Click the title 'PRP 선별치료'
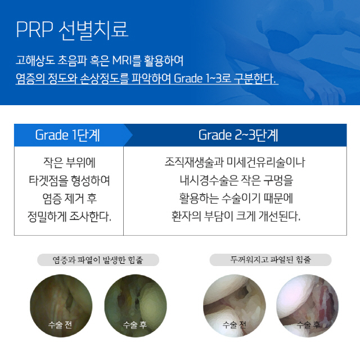[72, 30]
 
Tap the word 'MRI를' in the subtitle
[126, 61]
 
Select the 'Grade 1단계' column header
[67, 135]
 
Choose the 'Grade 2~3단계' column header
[238, 135]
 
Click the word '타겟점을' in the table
[48, 181]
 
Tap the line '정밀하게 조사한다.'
[69, 217]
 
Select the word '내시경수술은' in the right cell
[209, 181]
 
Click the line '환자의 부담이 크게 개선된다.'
[236, 217]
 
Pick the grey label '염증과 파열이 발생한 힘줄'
[98, 260]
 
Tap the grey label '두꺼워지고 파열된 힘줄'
[271, 260]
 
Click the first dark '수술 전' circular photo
[61, 306]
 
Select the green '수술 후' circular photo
[136, 306]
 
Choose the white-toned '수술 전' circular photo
[235, 306]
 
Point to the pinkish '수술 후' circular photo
[308, 306]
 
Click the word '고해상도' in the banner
[35, 61]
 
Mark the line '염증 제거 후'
[70, 199]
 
